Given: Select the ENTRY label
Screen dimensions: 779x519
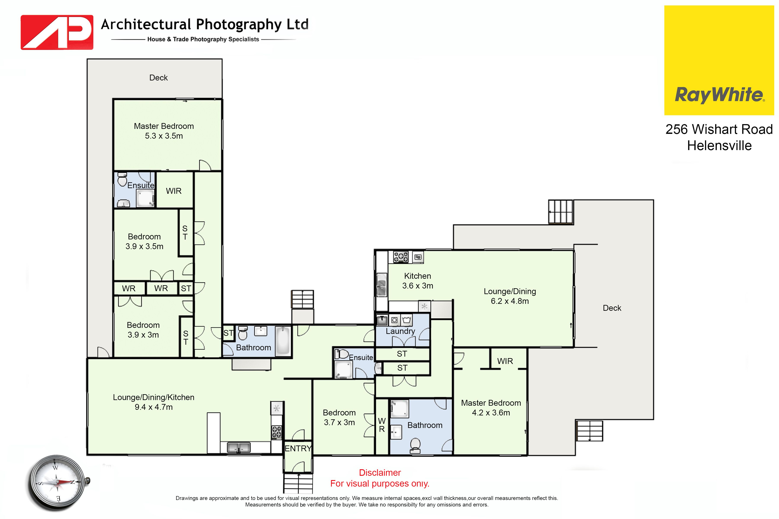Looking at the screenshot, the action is (x=298, y=449).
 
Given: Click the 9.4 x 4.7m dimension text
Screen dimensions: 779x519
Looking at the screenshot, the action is (x=154, y=407).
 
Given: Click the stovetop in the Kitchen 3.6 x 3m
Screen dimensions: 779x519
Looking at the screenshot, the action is (x=401, y=257).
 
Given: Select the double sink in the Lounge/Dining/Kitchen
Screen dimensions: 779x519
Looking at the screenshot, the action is (x=238, y=447).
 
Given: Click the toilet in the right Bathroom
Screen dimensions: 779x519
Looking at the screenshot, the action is (x=415, y=445).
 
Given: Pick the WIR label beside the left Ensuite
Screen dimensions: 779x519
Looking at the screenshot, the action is (x=174, y=191).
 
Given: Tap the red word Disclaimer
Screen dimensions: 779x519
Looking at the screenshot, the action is (x=380, y=473).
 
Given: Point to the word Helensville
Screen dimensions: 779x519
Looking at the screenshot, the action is (x=719, y=146).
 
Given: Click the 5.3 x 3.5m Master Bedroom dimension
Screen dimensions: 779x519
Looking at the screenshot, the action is (x=164, y=136).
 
